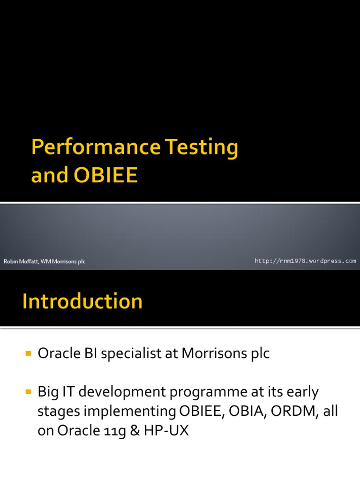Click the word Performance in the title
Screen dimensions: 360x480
[x=96, y=148]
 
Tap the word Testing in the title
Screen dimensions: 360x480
[x=202, y=148]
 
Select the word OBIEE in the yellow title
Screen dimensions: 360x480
[x=105, y=175]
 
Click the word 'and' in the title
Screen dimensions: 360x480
[x=50, y=175]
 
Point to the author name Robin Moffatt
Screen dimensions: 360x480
[x=21, y=262]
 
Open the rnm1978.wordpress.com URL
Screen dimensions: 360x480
[x=305, y=261]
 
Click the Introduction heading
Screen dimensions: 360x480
[x=82, y=301]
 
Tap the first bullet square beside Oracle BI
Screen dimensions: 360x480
[x=29, y=353]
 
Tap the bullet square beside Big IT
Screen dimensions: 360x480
[x=29, y=392]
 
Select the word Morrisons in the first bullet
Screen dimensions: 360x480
[x=214, y=353]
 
